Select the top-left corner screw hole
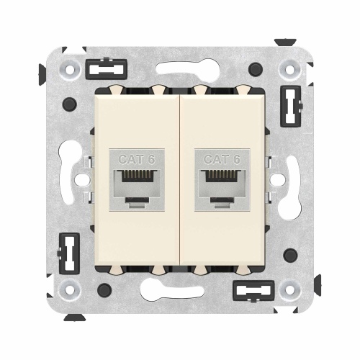pyautogui.click(x=70, y=70)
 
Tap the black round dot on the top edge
pyautogui.click(x=255, y=69)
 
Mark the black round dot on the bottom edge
pyautogui.click(x=104, y=290)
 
